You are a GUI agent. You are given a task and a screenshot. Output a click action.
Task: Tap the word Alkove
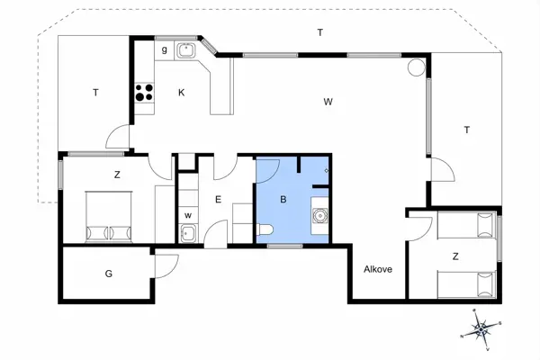(377, 269)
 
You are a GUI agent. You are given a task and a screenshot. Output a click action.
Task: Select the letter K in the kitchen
(181, 93)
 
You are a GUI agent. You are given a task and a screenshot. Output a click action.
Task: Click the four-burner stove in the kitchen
(144, 91)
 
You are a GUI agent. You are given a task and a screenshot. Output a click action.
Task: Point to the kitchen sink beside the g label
(187, 50)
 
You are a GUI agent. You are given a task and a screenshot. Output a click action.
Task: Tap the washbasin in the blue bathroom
(319, 215)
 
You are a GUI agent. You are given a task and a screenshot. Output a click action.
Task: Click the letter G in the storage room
(109, 274)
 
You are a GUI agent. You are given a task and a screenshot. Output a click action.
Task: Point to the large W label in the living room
(328, 102)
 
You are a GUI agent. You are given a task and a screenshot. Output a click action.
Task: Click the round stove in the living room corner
(417, 67)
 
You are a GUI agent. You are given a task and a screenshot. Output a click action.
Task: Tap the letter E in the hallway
(218, 201)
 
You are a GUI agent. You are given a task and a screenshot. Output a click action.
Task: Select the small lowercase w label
(188, 216)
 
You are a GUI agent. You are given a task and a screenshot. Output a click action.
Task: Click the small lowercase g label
(164, 50)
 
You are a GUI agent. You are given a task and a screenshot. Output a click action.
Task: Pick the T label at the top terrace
(319, 32)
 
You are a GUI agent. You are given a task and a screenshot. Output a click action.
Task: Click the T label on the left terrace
(94, 92)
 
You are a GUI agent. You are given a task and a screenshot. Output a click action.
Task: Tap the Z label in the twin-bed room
(455, 256)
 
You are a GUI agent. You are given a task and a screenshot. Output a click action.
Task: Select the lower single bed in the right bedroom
(466, 284)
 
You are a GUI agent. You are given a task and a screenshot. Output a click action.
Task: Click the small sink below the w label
(187, 235)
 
